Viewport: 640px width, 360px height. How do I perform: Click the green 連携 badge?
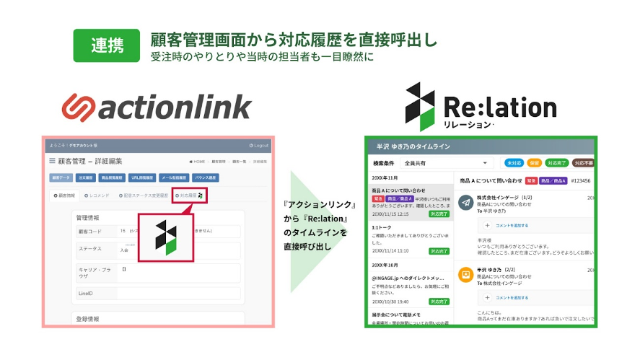pos(106,45)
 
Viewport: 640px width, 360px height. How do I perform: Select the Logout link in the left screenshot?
pos(258,145)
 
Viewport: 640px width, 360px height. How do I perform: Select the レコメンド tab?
pos(98,196)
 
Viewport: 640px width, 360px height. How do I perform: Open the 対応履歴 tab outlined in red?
pos(190,196)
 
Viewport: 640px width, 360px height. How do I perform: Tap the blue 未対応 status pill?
pos(514,164)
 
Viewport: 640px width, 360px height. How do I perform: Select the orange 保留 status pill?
pos(534,164)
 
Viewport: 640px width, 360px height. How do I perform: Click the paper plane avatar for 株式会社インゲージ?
pos(465,202)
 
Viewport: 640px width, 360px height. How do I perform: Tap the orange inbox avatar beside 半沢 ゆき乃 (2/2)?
pos(465,275)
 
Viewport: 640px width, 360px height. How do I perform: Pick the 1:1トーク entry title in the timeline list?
pos(382,227)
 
